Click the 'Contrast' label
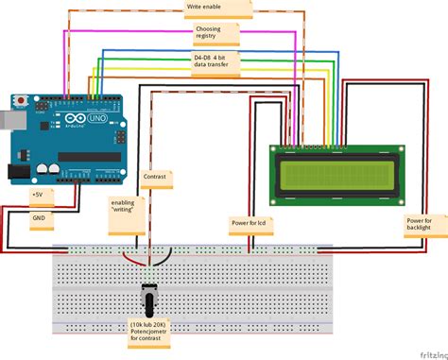(x=154, y=177)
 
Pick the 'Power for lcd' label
(x=249, y=224)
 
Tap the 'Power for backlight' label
(x=413, y=223)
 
